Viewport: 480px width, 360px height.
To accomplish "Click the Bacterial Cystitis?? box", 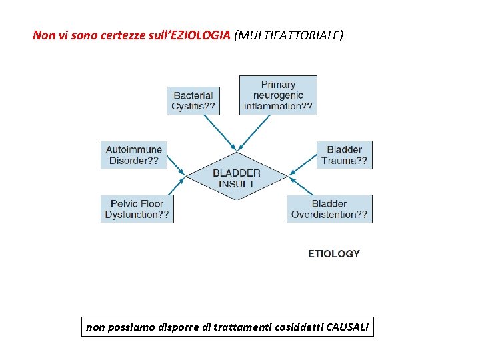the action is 193,101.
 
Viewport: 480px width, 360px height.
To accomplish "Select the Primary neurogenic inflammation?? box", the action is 278,95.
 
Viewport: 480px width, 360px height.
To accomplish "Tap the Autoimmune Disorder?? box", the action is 133,155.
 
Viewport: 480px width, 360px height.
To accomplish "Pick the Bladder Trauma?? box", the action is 344,155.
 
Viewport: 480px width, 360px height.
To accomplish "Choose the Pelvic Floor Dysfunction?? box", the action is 137,209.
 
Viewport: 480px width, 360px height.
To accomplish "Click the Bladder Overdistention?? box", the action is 329,209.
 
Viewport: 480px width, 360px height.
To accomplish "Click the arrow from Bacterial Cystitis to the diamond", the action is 219,131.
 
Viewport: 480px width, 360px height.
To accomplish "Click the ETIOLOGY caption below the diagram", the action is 333,253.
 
